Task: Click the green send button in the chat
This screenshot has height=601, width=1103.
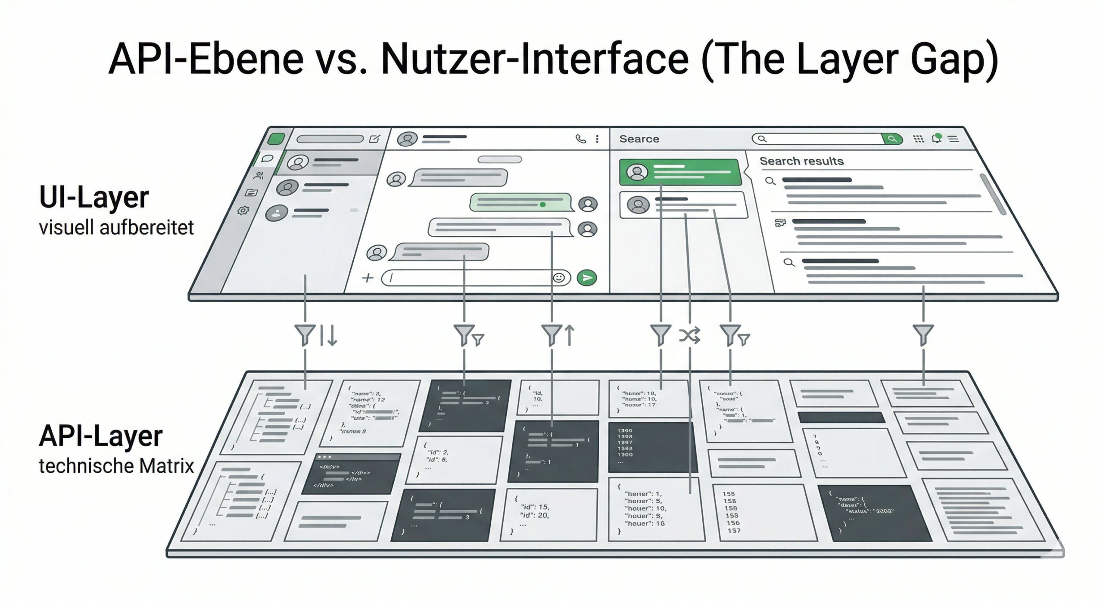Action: tap(587, 278)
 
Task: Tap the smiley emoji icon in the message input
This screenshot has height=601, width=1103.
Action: tap(559, 278)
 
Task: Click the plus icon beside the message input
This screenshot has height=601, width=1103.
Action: tap(368, 278)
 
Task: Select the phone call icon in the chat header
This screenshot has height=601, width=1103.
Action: tap(581, 139)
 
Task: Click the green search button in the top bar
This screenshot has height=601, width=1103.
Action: tap(892, 139)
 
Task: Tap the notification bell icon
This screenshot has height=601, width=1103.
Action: tap(936, 139)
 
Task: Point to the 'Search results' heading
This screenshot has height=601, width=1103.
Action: tap(801, 161)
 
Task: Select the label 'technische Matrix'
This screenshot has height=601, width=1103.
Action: tap(116, 466)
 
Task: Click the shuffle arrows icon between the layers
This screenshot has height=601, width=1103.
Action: tap(689, 335)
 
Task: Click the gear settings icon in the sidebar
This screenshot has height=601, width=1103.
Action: tap(243, 211)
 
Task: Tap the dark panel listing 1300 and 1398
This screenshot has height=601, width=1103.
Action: tap(651, 447)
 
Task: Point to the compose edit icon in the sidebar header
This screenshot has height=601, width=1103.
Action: tap(374, 139)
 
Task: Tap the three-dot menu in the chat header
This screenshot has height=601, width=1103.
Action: tap(597, 139)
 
